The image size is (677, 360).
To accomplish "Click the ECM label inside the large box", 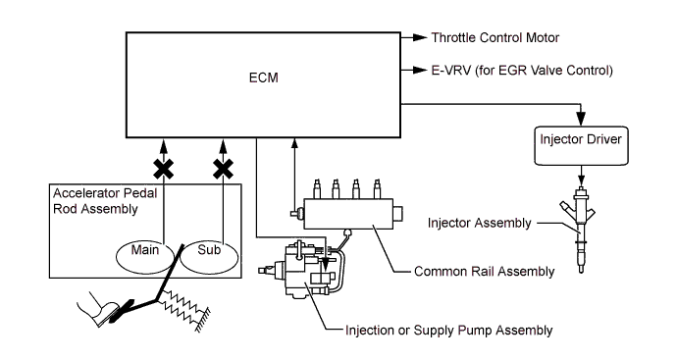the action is [x=263, y=77].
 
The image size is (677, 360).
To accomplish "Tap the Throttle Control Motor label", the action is [x=495, y=37].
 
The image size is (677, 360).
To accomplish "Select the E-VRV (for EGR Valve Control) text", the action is [x=522, y=71].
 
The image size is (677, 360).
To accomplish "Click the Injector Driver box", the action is [x=581, y=146].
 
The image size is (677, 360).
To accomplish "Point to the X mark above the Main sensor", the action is [x=164, y=169].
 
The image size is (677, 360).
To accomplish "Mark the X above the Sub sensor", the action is [x=224, y=169].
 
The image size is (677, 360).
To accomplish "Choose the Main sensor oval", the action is [x=145, y=257].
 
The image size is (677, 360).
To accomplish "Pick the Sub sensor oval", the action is [x=209, y=257].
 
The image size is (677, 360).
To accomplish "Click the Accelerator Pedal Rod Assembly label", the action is [x=105, y=201].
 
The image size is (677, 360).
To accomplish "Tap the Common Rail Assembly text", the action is [x=484, y=272].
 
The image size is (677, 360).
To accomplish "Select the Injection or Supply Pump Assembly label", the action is [x=448, y=331].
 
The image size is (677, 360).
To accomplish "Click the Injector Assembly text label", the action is [x=479, y=224].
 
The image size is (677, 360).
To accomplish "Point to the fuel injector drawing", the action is [x=581, y=229].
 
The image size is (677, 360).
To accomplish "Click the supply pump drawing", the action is [x=302, y=270].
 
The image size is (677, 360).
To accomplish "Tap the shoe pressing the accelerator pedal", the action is [x=98, y=309].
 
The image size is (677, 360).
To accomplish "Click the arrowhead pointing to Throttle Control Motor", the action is [x=420, y=37].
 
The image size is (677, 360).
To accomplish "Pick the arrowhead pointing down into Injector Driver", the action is [x=581, y=119].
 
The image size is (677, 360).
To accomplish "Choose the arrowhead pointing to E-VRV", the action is [x=420, y=70].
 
